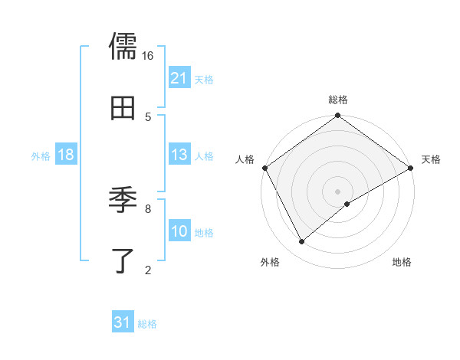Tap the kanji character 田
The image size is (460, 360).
[123, 109]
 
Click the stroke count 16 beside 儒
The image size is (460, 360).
[148, 56]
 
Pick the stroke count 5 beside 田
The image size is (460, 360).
[148, 116]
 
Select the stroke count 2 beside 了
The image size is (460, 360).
[148, 270]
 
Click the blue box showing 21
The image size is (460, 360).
[179, 78]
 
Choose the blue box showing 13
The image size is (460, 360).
[179, 155]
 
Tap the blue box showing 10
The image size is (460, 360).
[179, 231]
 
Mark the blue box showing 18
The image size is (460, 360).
[65, 155]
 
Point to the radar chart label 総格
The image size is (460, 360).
[338, 100]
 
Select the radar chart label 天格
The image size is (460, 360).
[431, 159]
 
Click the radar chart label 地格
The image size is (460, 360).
[402, 262]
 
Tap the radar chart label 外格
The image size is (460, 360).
[270, 262]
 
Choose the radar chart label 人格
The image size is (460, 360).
[245, 159]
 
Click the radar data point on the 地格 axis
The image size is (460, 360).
[347, 204]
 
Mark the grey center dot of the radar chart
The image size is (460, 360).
[338, 191]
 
